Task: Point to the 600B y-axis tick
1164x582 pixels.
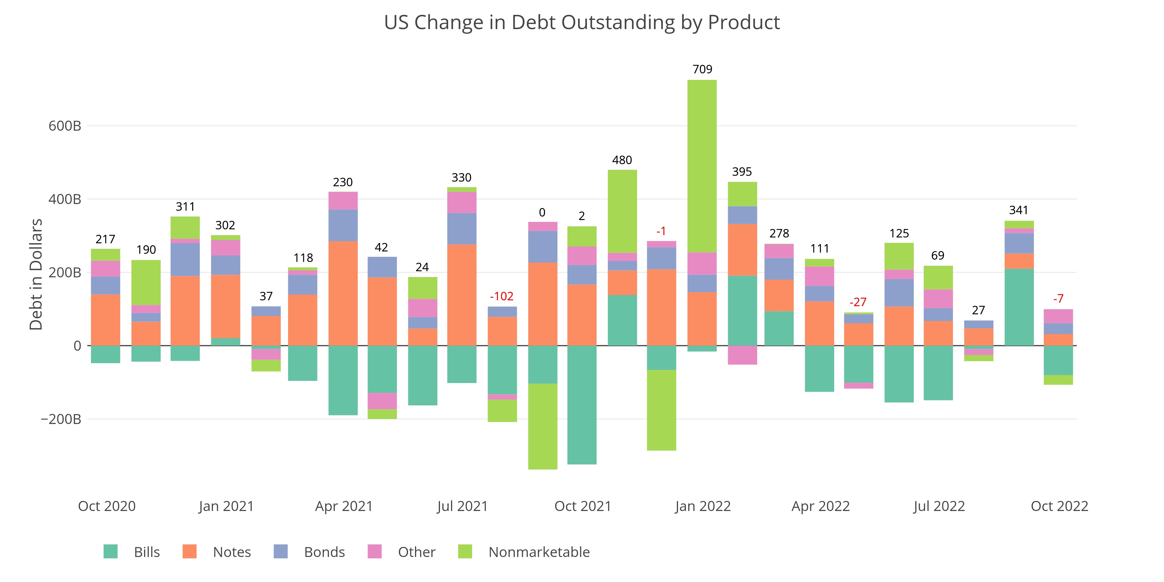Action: click(65, 126)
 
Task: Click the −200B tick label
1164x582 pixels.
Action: click(61, 419)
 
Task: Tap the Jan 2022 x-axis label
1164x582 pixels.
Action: click(703, 506)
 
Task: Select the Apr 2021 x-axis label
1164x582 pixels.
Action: click(344, 506)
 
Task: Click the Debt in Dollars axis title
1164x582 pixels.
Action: click(36, 274)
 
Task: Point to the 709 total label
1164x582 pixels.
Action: click(702, 69)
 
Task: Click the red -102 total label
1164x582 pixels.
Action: click(502, 297)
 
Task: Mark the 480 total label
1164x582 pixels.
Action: click(622, 160)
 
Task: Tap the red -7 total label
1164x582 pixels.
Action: click(1058, 299)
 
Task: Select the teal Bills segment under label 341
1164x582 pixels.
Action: click(1019, 307)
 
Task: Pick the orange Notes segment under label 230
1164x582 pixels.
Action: click(343, 293)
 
